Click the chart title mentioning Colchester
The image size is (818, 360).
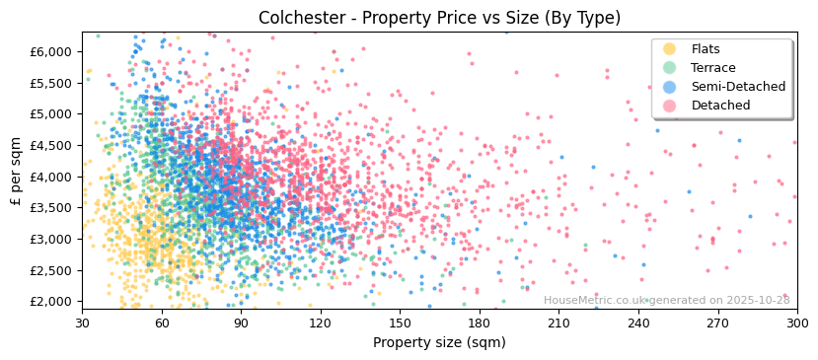(439, 18)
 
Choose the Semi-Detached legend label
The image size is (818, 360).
(738, 87)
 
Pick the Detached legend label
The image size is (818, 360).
(720, 106)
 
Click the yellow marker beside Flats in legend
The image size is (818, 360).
(670, 49)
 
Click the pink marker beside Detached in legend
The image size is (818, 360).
(670, 106)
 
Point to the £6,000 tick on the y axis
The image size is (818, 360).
(51, 51)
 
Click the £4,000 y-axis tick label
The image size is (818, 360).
(51, 177)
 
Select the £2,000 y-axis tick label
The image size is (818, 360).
(51, 302)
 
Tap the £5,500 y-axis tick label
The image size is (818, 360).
(51, 83)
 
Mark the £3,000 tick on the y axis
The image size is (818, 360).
(51, 239)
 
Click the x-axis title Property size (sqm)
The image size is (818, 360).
(439, 342)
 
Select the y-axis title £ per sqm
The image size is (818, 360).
(16, 173)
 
